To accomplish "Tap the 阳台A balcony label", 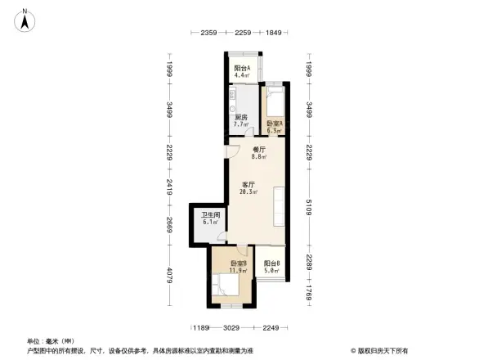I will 242,68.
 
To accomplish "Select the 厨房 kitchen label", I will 241,118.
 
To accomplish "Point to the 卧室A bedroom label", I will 274,123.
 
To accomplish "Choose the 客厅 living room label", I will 247,183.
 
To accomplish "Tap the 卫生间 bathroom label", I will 211,215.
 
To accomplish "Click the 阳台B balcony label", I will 272,263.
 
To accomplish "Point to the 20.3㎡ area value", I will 248,191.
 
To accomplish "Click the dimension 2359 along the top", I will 208,33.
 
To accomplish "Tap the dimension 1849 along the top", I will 273,33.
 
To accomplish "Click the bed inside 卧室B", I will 226,286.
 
